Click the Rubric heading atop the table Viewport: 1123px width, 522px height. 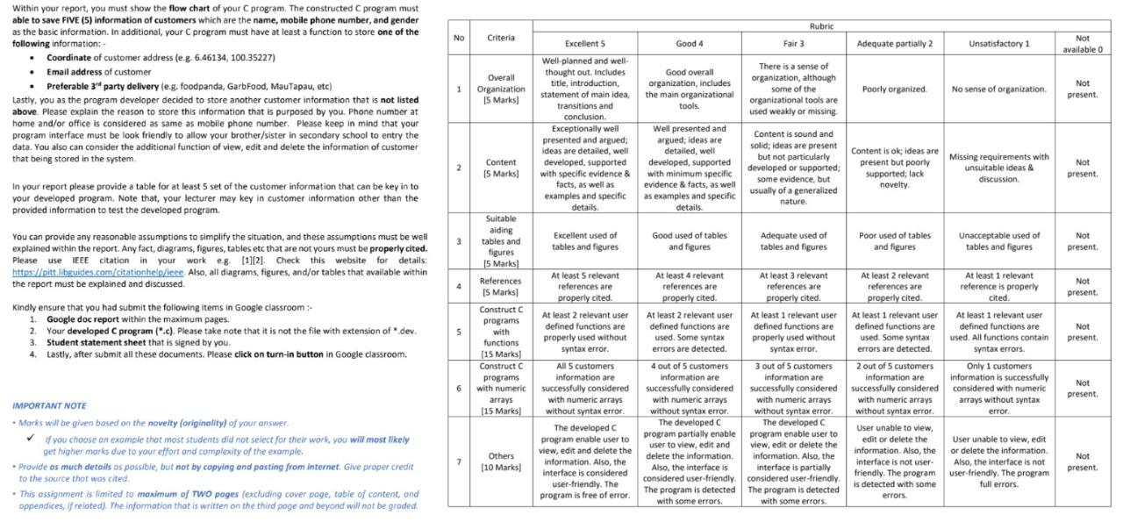tap(821, 26)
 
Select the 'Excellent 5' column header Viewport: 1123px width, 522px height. tap(584, 44)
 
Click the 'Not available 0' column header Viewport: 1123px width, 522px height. tap(1083, 44)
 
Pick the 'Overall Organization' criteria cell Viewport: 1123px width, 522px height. tap(501, 89)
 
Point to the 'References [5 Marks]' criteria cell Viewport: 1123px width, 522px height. tap(501, 287)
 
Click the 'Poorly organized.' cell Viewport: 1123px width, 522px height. tap(894, 89)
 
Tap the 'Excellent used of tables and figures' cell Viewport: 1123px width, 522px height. tap(584, 241)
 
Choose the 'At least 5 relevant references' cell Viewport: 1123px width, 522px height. tap(584, 287)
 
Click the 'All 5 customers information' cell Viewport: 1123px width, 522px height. tap(584, 388)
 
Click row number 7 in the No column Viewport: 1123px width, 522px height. tap(458, 461)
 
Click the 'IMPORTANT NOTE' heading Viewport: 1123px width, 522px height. tap(49, 406)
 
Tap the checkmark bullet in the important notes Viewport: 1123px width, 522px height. tap(31, 439)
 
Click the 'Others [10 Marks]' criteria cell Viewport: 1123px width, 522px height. tap(501, 461)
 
